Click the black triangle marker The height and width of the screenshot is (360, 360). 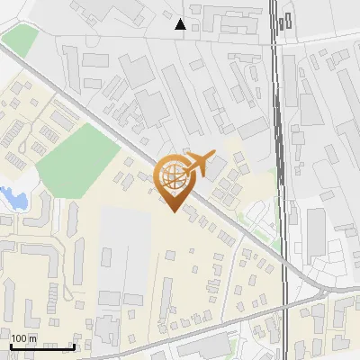coord(181,24)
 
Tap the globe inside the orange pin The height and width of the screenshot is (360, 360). coord(175,177)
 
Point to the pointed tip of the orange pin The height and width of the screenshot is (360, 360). coord(174,211)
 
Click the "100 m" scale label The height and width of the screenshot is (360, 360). coord(25,338)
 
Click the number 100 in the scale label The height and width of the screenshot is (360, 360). coord(20,338)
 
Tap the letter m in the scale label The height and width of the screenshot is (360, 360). coord(34,338)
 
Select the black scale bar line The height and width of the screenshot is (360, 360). coord(42,346)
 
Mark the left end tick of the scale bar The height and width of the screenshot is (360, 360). coord(11,345)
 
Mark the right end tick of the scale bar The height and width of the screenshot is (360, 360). coord(74,345)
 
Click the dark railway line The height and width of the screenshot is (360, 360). coord(280,135)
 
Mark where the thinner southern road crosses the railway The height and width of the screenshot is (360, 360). coord(286,306)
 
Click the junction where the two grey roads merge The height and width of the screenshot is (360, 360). coord(320,294)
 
